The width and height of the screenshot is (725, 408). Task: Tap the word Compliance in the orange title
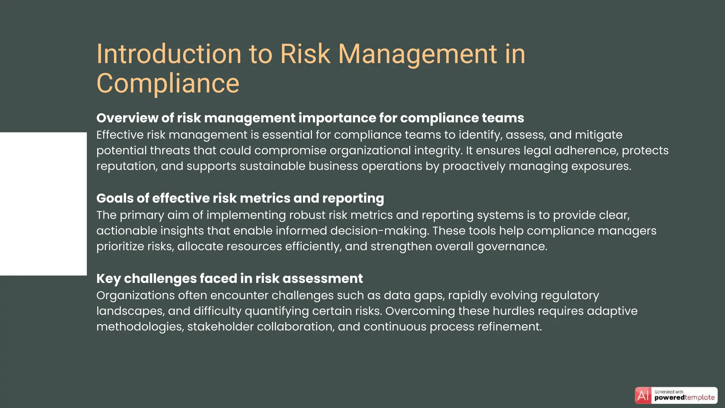168,84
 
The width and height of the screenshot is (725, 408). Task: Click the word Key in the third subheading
108,279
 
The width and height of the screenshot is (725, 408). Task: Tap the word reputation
127,166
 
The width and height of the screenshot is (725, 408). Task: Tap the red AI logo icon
643,395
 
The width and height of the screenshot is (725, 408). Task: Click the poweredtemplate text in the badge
684,398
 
